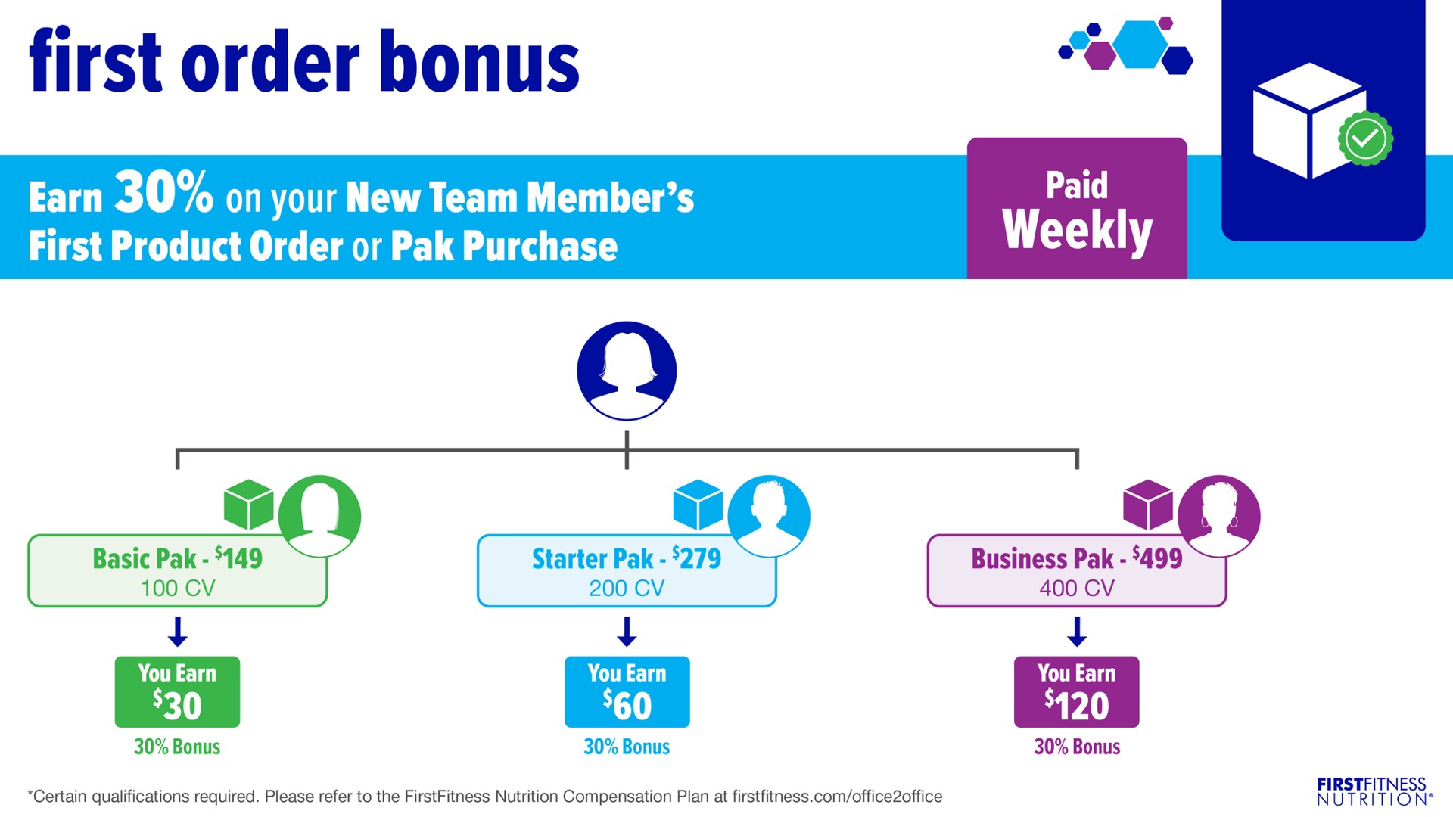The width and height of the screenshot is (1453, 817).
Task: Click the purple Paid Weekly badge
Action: [1077, 208]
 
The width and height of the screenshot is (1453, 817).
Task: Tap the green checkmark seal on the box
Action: [1365, 138]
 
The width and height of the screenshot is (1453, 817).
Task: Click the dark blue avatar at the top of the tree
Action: [627, 371]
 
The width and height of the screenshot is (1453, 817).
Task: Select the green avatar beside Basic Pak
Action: [319, 516]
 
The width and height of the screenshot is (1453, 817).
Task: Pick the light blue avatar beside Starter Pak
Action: [769, 516]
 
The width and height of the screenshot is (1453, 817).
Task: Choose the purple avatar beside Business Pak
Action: [1219, 516]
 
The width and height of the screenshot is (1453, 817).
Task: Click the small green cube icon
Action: [249, 505]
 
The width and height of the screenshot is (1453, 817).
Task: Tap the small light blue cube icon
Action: [698, 505]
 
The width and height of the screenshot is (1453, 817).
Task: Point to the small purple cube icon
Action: [1148, 505]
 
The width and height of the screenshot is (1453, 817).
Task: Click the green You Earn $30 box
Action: [177, 691]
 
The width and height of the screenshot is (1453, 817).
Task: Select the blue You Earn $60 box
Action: [627, 691]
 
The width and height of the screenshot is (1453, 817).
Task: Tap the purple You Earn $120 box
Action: [1076, 691]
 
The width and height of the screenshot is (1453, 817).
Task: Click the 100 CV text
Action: [178, 588]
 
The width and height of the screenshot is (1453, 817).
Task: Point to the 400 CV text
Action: [1077, 588]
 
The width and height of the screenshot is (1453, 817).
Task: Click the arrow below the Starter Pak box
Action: [627, 632]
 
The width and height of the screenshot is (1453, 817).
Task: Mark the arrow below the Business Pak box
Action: [1077, 632]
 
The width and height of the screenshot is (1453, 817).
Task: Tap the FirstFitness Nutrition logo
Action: [1374, 791]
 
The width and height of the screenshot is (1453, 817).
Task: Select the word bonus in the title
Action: [479, 62]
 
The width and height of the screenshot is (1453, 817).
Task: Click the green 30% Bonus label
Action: [177, 747]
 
